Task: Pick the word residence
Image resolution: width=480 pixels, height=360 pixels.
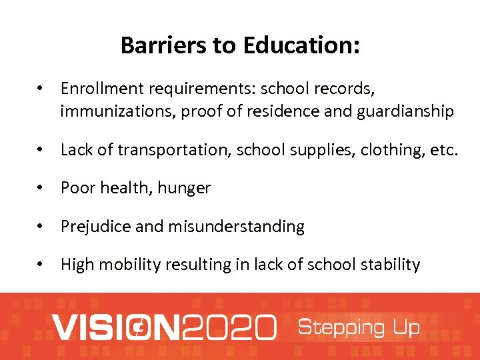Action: [x=284, y=111]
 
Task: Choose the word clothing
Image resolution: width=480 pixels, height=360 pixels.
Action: [x=391, y=150]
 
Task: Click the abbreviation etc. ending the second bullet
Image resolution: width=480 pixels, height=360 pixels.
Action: [x=444, y=150]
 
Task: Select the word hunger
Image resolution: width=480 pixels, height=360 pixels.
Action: [x=184, y=189]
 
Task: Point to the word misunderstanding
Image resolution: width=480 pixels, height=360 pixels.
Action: [x=236, y=227]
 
